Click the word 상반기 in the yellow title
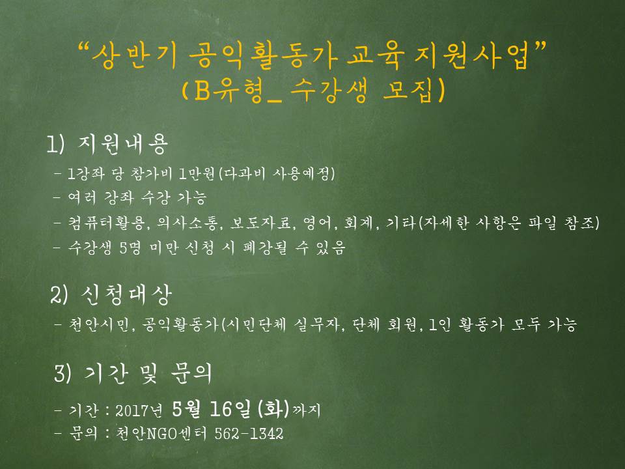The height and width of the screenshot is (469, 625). coord(135,55)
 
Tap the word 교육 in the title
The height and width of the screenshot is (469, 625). coord(376,55)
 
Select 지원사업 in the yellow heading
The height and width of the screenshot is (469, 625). coord(472,55)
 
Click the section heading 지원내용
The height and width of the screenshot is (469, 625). coord(123,144)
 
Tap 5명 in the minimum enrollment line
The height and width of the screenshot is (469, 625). coord(130,248)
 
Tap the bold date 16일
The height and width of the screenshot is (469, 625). coord(230,408)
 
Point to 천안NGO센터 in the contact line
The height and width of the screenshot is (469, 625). coord(161,434)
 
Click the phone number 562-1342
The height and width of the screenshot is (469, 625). coord(249,434)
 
